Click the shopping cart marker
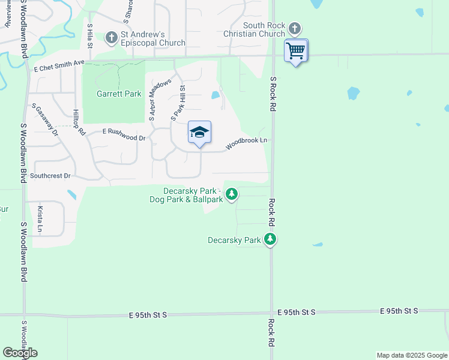point(295,50)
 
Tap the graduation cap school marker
point(199,133)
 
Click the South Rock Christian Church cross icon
point(294,28)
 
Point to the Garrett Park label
point(114,94)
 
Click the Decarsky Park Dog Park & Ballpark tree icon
point(232,194)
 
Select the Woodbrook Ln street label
point(246,143)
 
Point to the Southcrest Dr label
point(50,176)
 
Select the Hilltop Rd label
point(79,122)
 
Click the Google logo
point(20,353)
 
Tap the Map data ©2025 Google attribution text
point(411,355)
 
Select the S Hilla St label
point(89,35)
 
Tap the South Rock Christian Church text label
point(264,29)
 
